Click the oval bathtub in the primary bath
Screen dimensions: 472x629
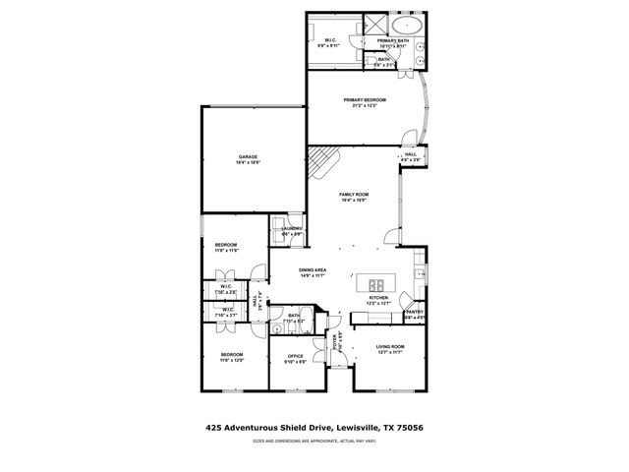[x=405, y=25]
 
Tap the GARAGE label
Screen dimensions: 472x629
[x=248, y=157]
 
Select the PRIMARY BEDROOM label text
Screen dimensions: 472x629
[x=365, y=100]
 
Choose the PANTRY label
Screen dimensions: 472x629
[x=414, y=312]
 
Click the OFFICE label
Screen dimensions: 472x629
[x=295, y=356]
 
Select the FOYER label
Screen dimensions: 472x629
[x=334, y=344]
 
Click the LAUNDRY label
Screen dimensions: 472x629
[x=291, y=229]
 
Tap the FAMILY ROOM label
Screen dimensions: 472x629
[x=353, y=195]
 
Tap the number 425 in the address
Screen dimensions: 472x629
[x=212, y=428]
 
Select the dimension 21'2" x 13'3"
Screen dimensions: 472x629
[x=365, y=106]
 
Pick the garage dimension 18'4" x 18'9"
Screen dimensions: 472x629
[x=248, y=163]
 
